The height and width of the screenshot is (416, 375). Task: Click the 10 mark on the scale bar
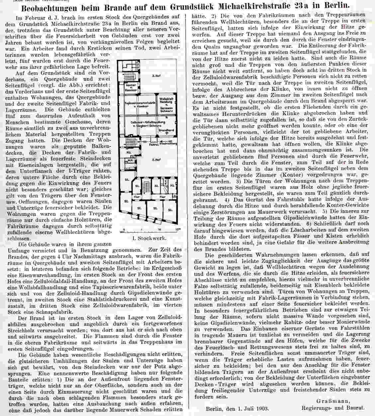pyautogui.click(x=159, y=229)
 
